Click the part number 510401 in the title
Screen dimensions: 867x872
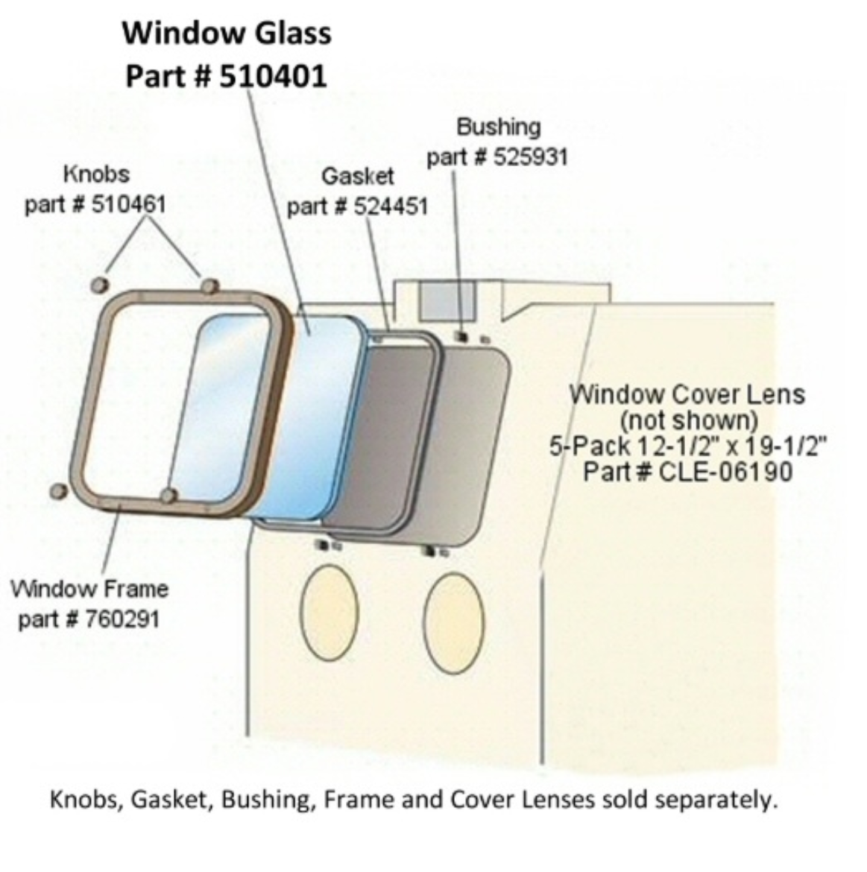pyautogui.click(x=273, y=76)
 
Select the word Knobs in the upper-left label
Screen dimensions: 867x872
pyautogui.click(x=97, y=174)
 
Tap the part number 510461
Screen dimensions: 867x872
pyautogui.click(x=128, y=204)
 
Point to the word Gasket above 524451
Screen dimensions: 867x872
pyautogui.click(x=358, y=177)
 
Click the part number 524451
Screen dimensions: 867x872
pyautogui.click(x=391, y=207)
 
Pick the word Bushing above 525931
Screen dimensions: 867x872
pyautogui.click(x=498, y=127)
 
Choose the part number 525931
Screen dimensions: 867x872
pyautogui.click(x=531, y=157)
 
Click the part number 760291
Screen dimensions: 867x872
pyautogui.click(x=122, y=619)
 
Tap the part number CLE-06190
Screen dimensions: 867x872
pyautogui.click(x=725, y=473)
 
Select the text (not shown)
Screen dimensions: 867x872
pyautogui.click(x=689, y=420)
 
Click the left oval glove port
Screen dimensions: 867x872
pyautogui.click(x=330, y=613)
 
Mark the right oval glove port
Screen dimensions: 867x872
pyautogui.click(x=454, y=623)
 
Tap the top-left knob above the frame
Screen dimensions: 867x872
pyautogui.click(x=100, y=285)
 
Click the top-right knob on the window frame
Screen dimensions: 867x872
pyautogui.click(x=209, y=287)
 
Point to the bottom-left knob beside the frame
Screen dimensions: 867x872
pyautogui.click(x=58, y=491)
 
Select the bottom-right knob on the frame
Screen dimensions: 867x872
pyautogui.click(x=169, y=495)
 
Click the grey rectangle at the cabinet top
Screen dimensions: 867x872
pyautogui.click(x=447, y=300)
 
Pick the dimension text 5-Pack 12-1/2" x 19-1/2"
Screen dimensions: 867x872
pyautogui.click(x=688, y=446)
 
